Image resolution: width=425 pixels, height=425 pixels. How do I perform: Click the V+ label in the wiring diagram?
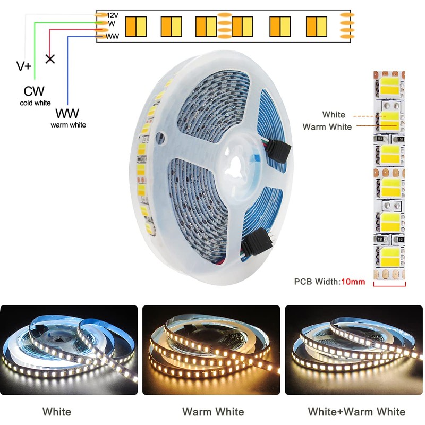coord(24,66)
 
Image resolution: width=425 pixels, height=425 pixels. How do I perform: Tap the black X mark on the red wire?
coord(50,58)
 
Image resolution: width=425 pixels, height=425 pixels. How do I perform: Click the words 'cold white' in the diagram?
coord(36,103)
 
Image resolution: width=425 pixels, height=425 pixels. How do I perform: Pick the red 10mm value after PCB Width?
coord(353,282)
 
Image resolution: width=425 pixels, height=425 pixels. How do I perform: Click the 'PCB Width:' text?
coord(317,282)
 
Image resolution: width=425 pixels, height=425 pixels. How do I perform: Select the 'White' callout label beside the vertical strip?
coord(334,114)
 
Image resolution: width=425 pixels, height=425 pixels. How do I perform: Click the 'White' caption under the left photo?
coord(57,411)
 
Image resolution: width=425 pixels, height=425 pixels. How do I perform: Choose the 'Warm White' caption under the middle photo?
coord(213,411)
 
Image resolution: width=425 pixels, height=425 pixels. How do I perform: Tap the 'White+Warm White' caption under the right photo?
coord(356,411)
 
